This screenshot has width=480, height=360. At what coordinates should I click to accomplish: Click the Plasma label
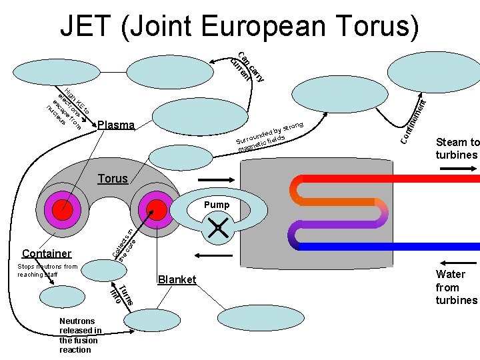[x=115, y=125]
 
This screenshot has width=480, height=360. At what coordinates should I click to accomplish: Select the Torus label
[x=113, y=179]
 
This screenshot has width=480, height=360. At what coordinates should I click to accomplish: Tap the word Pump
[x=217, y=205]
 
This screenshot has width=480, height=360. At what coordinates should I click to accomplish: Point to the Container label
[x=47, y=253]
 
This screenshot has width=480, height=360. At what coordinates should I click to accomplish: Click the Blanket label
[x=177, y=280]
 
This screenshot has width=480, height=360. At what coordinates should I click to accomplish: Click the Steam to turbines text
[x=457, y=148]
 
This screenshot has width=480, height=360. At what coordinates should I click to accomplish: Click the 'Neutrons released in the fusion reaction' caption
[x=80, y=335]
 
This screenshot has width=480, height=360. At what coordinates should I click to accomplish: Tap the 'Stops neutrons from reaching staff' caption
[x=47, y=270]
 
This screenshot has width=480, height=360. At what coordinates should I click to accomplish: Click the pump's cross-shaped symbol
[x=217, y=228]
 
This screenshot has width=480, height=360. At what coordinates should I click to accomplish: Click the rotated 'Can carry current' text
[x=247, y=67]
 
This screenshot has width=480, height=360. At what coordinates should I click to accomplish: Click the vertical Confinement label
[x=413, y=120]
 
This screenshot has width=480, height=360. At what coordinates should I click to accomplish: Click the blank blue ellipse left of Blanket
[x=102, y=271]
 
